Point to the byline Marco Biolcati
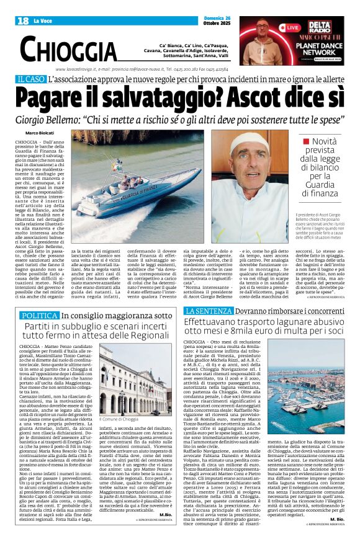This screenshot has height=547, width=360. [x=39, y=133]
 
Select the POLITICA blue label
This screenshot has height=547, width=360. [x=39, y=316]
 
